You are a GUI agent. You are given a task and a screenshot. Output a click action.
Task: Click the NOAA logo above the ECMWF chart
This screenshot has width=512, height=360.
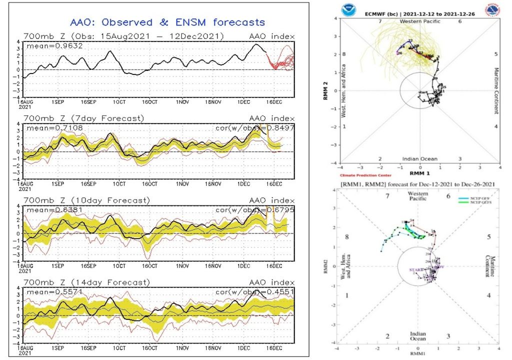(347, 10)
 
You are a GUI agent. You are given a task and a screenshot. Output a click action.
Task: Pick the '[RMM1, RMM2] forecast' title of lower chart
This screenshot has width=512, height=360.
(417, 184)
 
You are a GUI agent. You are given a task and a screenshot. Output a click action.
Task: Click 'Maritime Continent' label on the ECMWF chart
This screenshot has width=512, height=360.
(496, 90)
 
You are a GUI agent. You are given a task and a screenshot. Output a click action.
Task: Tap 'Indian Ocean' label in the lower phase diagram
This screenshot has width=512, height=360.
(417, 336)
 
